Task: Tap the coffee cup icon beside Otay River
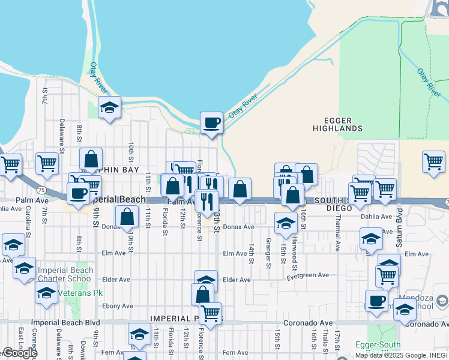tap(211, 123)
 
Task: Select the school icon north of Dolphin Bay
tap(110, 108)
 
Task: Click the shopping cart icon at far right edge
tap(433, 161)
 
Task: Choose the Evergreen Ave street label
tap(307, 275)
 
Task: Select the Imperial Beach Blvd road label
tap(65, 322)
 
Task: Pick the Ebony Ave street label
tap(116, 306)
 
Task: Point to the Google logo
tap(20, 353)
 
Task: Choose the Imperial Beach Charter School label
tap(65, 275)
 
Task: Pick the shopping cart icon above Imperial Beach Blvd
tap(210, 313)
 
